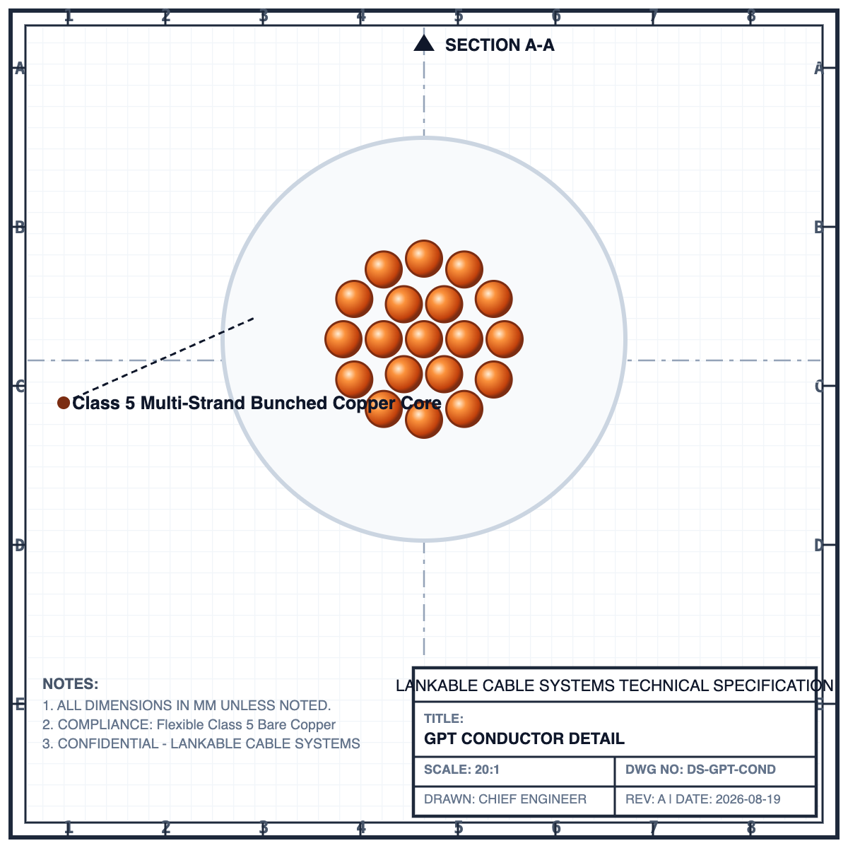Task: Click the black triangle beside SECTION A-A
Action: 424,43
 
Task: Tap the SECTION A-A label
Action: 500,45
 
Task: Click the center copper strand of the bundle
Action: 424,339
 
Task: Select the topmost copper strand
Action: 424,259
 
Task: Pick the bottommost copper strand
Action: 424,420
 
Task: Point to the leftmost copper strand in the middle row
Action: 343,339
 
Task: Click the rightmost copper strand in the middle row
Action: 505,339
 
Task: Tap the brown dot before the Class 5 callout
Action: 64,403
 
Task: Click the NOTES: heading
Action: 71,684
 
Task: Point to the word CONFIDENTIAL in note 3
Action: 108,743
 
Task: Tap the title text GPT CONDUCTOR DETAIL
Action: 524,738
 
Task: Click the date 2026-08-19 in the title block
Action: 748,799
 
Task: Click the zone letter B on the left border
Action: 19,228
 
